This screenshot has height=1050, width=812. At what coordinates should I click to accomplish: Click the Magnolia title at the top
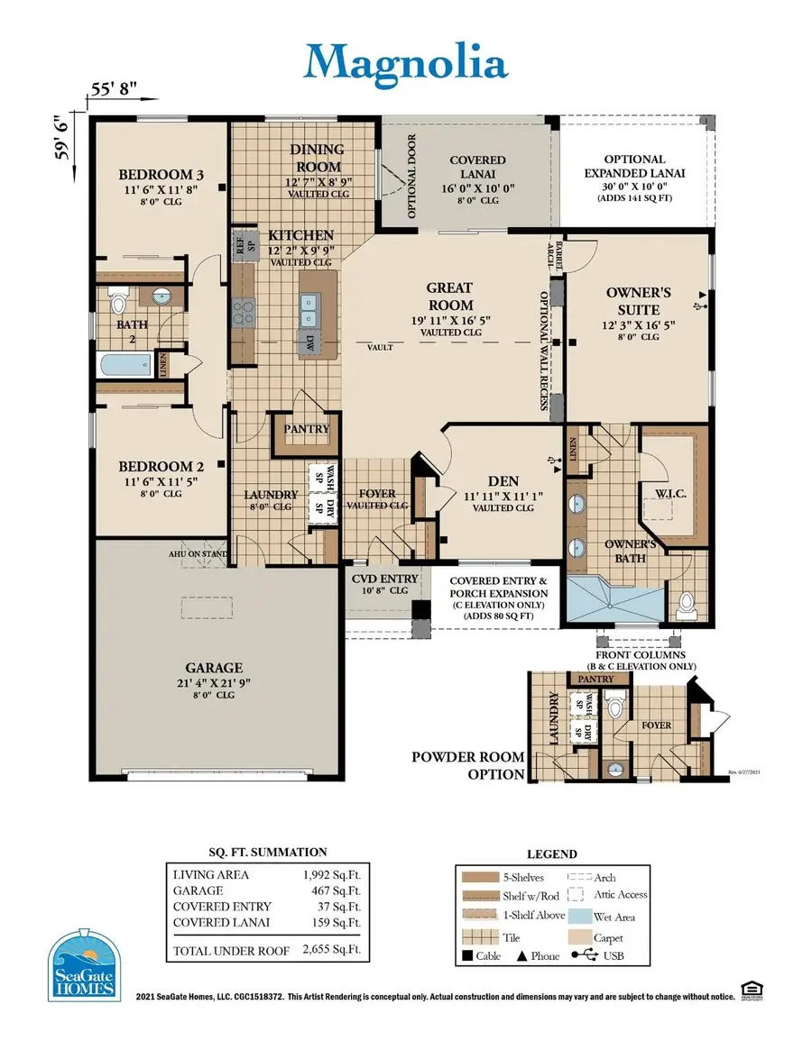click(405, 63)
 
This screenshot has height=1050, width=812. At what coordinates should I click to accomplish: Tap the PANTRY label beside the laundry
click(307, 429)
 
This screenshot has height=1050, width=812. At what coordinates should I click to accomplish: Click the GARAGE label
click(214, 668)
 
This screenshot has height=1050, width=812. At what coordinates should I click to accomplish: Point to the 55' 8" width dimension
click(114, 89)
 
